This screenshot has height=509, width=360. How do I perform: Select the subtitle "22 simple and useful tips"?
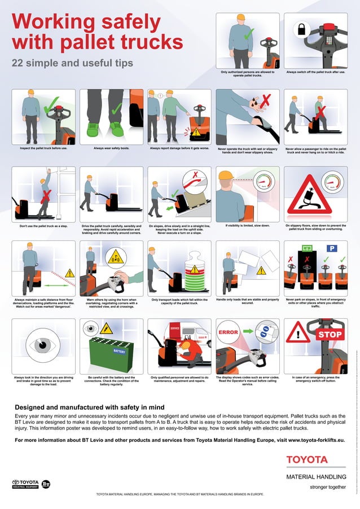tap(72, 63)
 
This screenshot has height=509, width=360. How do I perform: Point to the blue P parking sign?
tap(332, 248)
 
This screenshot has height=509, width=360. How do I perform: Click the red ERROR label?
tap(229, 332)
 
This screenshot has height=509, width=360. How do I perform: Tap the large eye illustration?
tap(43, 345)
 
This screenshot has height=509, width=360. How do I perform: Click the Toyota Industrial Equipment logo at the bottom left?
tap(25, 483)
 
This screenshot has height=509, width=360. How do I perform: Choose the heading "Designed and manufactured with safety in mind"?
tap(90, 407)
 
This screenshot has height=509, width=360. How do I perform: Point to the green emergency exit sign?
tap(306, 248)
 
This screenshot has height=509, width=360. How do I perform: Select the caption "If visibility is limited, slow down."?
tap(247, 226)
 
